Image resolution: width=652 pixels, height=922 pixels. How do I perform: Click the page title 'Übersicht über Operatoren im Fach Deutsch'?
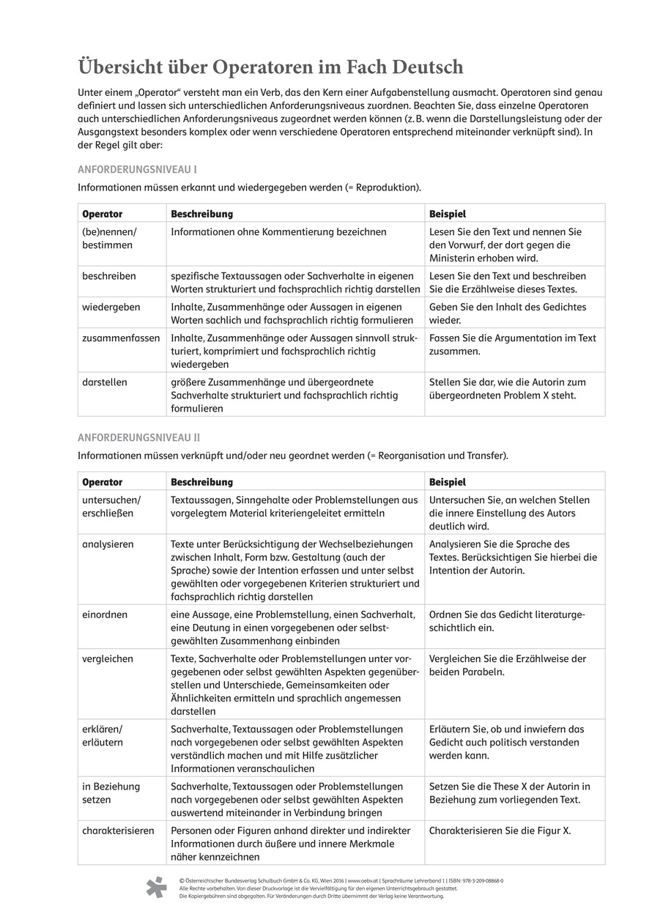pos(270,67)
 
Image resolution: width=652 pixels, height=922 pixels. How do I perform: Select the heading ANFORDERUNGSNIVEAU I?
pos(137,168)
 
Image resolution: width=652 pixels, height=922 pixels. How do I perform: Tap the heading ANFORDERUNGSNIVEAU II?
pos(138,437)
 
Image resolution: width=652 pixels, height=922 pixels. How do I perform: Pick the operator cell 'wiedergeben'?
pos(111,307)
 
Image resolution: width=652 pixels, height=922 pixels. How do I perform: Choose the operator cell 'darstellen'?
pos(105,382)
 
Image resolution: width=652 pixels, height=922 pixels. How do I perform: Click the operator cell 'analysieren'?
pos(108,544)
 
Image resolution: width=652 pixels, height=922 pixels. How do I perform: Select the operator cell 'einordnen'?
pos(106,614)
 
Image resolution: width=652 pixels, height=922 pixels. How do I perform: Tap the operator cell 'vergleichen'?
pos(108,658)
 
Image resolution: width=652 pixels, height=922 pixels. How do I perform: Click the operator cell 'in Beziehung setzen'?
pos(111,792)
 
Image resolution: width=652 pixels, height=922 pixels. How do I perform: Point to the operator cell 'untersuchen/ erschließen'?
pos(111,506)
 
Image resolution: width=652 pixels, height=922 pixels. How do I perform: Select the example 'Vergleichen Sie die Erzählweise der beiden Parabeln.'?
pos(507,665)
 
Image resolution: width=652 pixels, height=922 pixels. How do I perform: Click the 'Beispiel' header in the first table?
pos(447,214)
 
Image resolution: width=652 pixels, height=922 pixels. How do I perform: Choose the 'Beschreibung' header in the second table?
pos(201,482)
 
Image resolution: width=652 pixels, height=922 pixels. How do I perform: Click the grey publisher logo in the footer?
pos(157,888)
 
